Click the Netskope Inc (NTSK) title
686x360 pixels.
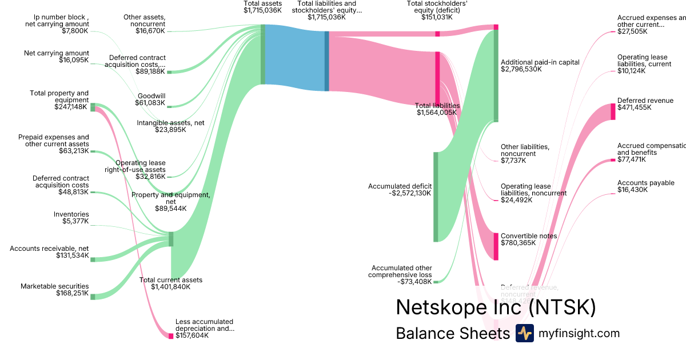pos(496,307)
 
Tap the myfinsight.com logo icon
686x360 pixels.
pos(524,333)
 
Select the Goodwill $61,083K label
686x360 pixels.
pos(151,99)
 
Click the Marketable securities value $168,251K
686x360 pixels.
pos(72,293)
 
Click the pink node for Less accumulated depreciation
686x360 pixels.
pos(170,335)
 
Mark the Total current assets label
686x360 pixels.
pos(171,280)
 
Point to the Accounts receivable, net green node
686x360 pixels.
pos(93,259)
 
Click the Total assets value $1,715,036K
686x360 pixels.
pos(262,10)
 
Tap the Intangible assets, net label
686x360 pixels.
pos(170,123)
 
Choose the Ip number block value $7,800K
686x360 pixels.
pos(75,31)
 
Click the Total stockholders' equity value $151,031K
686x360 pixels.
pos(438,17)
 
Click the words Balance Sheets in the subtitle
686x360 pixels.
pos(453,334)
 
